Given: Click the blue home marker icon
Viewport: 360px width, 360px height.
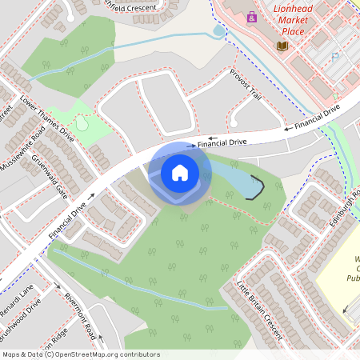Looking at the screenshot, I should point(180,172).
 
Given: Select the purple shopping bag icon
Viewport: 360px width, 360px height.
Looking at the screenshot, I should point(251,16).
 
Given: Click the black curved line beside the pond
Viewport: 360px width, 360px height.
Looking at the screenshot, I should point(255,187).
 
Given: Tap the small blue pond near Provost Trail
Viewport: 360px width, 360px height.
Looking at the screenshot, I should point(219,31).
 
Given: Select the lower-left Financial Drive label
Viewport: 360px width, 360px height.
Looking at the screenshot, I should point(66,222).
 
